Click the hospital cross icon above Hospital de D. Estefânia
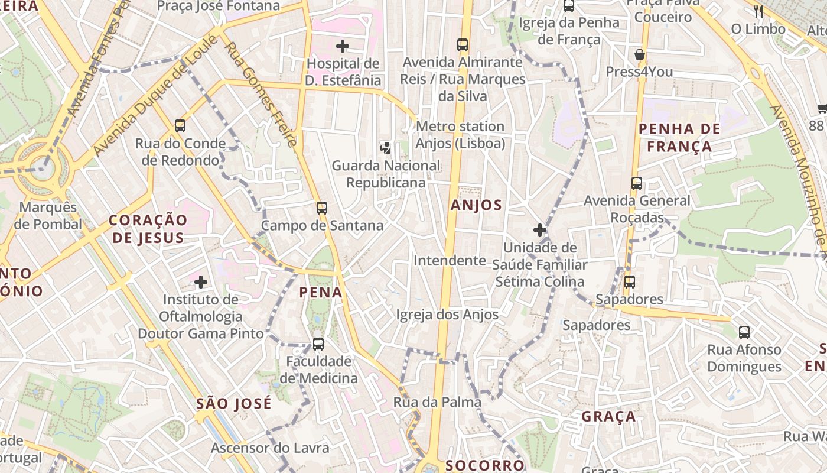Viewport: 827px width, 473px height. click(x=342, y=46)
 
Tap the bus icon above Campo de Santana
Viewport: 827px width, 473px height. click(x=321, y=208)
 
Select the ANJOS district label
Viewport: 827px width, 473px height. click(x=476, y=205)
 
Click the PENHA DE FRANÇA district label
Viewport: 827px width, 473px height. click(x=679, y=138)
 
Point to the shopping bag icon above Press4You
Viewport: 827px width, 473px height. click(x=639, y=55)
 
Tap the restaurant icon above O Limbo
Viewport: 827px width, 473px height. click(x=758, y=11)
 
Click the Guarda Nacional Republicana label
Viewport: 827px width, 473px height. click(x=386, y=174)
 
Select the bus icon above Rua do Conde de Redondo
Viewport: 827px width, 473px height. click(x=180, y=125)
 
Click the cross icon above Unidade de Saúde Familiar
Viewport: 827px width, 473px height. click(x=539, y=229)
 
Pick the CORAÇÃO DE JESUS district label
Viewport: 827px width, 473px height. click(x=148, y=229)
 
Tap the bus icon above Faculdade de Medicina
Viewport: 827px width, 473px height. click(x=318, y=344)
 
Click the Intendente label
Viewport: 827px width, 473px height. click(x=449, y=260)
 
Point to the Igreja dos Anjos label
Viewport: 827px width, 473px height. click(x=447, y=315)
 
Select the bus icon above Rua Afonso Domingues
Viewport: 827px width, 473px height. click(x=744, y=332)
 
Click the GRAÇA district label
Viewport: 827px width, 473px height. click(x=608, y=416)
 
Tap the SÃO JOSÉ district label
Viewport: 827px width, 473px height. click(x=234, y=403)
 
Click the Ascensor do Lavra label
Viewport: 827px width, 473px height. click(x=270, y=448)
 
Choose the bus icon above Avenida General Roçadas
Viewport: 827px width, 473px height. click(x=636, y=183)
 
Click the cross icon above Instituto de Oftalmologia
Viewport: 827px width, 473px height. click(x=201, y=281)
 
